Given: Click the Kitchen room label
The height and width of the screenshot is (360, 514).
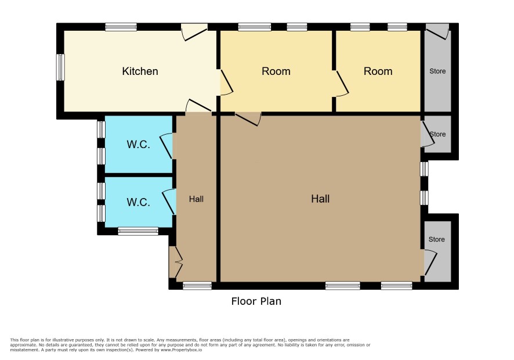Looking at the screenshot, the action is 140,71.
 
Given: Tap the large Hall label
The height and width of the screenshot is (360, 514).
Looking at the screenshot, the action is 320,199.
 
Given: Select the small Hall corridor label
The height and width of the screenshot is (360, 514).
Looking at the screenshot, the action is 196,199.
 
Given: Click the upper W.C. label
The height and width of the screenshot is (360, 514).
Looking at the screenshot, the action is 138,144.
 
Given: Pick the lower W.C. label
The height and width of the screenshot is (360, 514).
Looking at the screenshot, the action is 138,202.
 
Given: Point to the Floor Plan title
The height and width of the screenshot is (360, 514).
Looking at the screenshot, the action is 256,301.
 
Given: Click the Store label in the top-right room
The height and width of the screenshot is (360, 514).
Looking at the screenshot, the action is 437,71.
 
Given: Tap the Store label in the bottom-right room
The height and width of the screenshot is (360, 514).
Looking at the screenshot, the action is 437,239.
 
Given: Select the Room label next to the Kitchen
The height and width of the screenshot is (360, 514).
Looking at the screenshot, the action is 276,71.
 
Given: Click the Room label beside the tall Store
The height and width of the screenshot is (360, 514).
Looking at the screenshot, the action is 378,71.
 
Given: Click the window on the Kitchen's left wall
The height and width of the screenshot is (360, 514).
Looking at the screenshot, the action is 60,67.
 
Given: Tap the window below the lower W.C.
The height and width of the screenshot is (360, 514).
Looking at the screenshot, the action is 138,231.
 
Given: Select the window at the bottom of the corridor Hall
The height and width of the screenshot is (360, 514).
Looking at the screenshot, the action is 197,286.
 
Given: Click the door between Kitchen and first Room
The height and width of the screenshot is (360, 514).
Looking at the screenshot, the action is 226,82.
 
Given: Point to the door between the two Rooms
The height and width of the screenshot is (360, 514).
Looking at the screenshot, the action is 342,84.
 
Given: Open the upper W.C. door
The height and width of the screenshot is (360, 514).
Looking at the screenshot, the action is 166,146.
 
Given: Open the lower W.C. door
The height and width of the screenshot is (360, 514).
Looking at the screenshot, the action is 169,202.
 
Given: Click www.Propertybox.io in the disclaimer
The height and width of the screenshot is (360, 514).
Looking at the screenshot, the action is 181,350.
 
